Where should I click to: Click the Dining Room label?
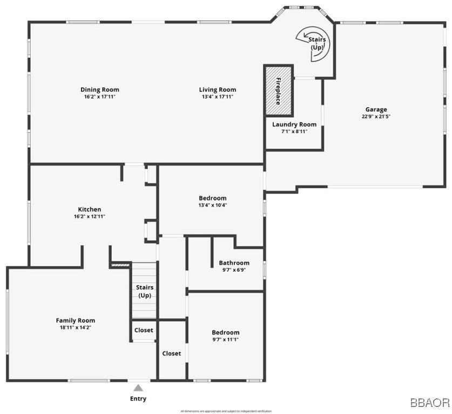click(100, 89)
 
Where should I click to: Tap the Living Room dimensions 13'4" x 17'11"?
click(217, 96)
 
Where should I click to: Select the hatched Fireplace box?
click(278, 90)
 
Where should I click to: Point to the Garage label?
click(376, 109)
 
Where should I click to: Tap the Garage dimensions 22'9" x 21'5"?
click(376, 116)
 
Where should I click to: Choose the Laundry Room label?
click(294, 124)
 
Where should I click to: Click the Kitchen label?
click(90, 209)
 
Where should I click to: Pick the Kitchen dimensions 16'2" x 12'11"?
click(90, 216)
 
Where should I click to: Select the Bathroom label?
click(234, 263)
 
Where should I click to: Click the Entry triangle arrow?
click(138, 387)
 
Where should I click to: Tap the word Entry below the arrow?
click(138, 399)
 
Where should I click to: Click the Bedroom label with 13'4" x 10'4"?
click(212, 198)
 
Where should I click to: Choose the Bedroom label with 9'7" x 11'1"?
click(225, 333)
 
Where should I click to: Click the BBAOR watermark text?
click(429, 403)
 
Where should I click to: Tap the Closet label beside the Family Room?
click(144, 330)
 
